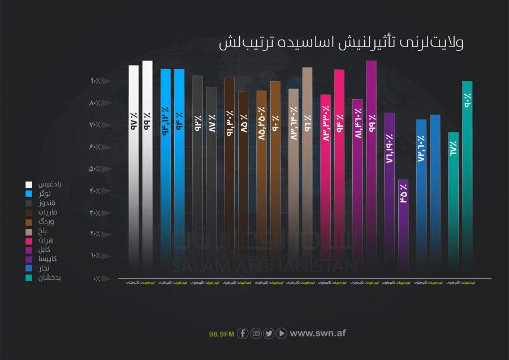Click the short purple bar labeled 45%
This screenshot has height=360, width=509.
[x=403, y=226]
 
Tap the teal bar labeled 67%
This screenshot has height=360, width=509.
[x=454, y=204]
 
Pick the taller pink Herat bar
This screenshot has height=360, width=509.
[x=339, y=170]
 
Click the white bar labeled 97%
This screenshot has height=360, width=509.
[x=133, y=170]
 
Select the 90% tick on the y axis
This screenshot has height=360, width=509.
[x=94, y=82]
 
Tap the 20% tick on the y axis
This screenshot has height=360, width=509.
[x=94, y=234]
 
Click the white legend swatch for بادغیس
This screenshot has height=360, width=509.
[x=28, y=185]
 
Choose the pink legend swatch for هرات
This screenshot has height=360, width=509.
[x=28, y=241]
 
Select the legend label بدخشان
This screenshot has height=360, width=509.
[x=49, y=278]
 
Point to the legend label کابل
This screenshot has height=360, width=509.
[x=52, y=250]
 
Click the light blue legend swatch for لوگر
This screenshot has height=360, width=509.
[x=28, y=194]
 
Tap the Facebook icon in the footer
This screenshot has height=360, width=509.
[x=243, y=333]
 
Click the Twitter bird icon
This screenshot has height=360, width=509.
[x=269, y=333]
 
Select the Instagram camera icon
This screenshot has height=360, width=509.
[x=256, y=333]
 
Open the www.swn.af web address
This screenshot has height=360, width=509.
[x=317, y=333]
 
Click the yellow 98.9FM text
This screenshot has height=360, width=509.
[x=221, y=334]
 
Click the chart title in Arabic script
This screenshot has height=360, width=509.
[x=341, y=44]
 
